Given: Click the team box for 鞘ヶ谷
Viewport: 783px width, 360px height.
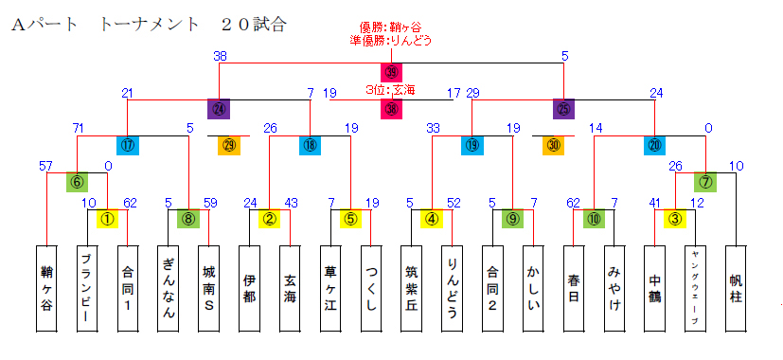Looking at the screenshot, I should pyautogui.click(x=46, y=288).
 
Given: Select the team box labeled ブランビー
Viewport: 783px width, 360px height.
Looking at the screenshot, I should pyautogui.click(x=86, y=288).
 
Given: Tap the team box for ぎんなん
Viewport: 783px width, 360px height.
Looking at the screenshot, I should pyautogui.click(x=169, y=288).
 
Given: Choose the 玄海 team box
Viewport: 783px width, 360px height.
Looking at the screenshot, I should pyautogui.click(x=290, y=288).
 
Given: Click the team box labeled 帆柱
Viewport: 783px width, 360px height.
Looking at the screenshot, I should pyautogui.click(x=736, y=288).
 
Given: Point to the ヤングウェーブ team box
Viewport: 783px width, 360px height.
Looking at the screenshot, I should pyautogui.click(x=695, y=288).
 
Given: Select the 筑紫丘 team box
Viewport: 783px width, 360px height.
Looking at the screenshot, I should pyautogui.click(x=411, y=288).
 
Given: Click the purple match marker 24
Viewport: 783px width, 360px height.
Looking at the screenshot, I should pyautogui.click(x=219, y=109).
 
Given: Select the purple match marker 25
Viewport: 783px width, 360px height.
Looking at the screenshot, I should pyautogui.click(x=564, y=109).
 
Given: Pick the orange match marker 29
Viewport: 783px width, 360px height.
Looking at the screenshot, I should pyautogui.click(x=228, y=145).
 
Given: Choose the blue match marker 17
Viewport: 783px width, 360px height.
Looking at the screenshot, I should pyautogui.click(x=128, y=145).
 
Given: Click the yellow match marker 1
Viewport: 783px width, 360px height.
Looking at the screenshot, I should pyautogui.click(x=107, y=219).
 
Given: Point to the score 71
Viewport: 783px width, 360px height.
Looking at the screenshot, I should pyautogui.click(x=80, y=128).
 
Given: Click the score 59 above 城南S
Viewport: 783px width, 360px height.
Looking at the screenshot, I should pyautogui.click(x=210, y=202).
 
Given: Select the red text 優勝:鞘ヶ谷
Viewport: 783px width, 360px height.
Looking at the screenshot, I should pyautogui.click(x=392, y=27).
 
